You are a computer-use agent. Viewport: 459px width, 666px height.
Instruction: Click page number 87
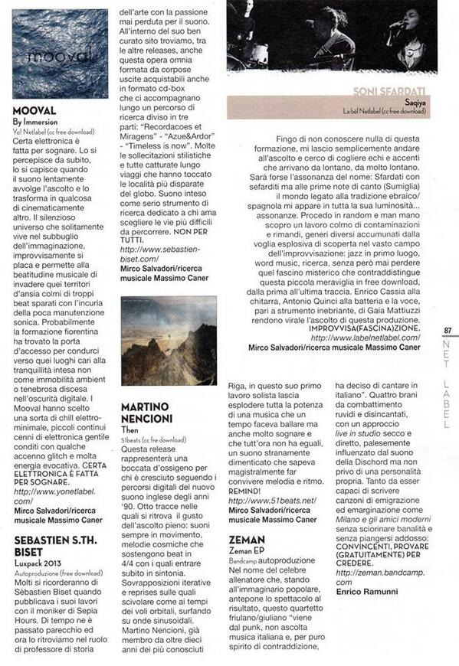[448, 331]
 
